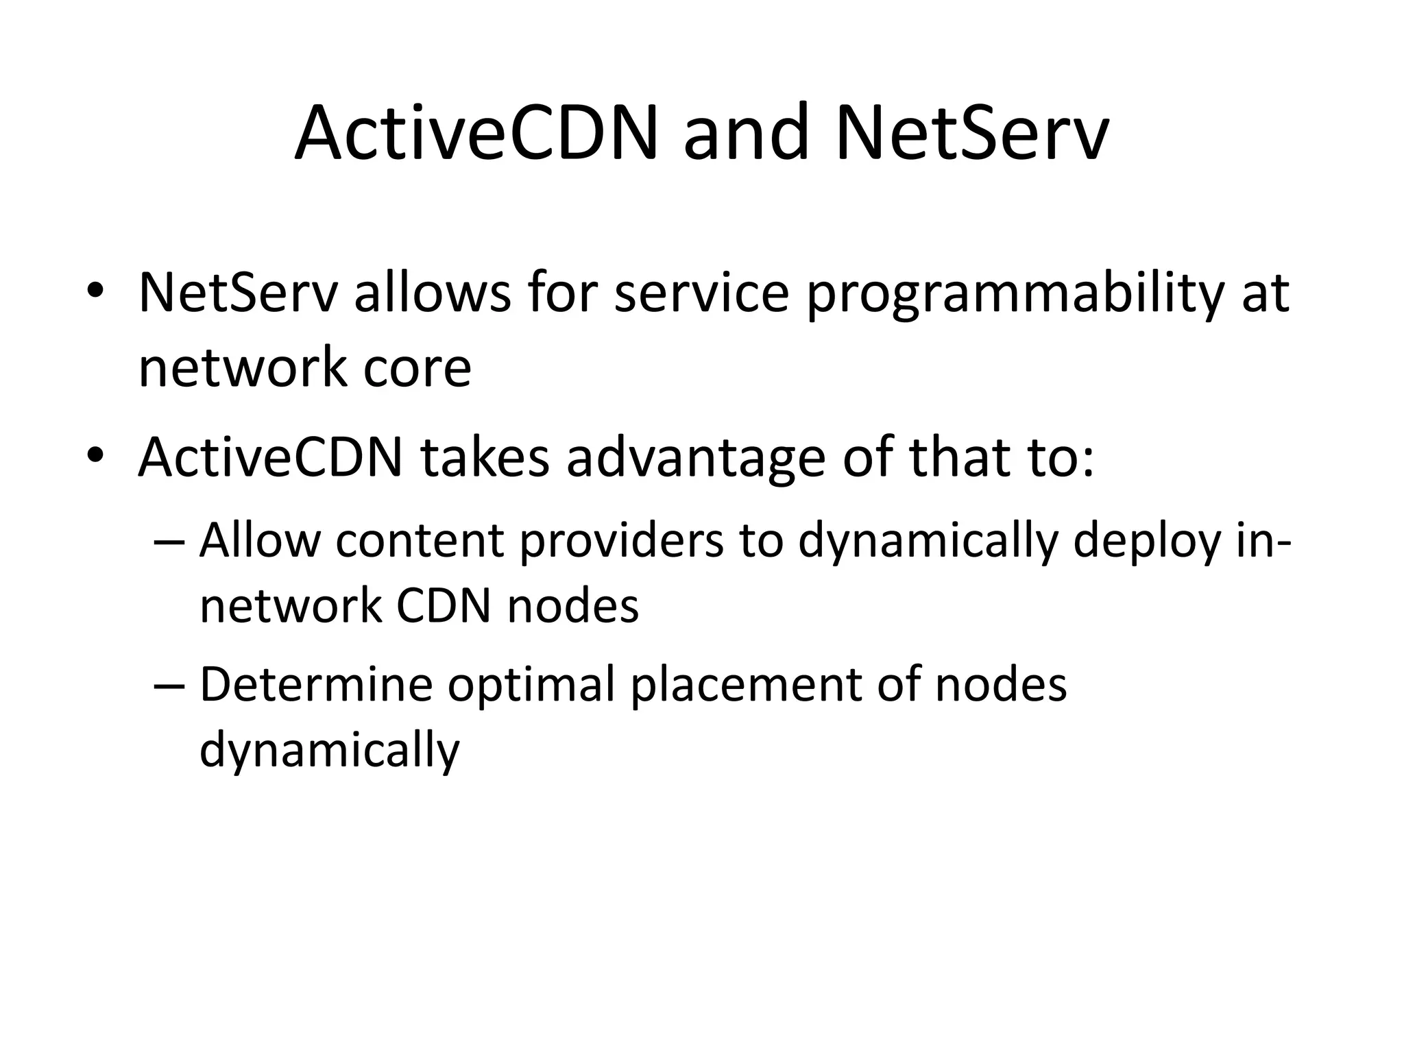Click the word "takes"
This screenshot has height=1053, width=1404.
(485, 457)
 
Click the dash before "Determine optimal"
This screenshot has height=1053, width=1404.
(169, 686)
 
